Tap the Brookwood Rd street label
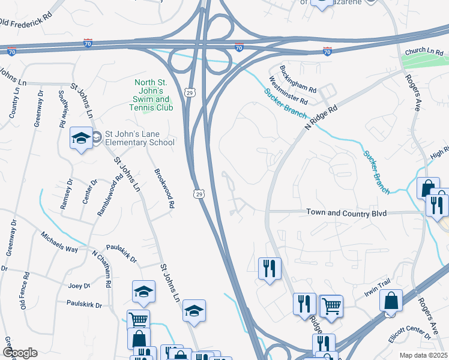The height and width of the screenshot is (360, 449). [164, 191]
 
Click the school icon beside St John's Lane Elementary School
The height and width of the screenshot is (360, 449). [80, 139]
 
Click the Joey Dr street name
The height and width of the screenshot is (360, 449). [79, 286]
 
